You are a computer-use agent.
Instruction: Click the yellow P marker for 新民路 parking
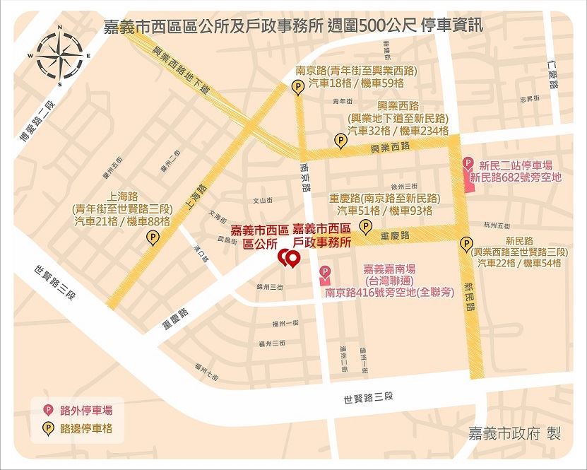tap(466, 245)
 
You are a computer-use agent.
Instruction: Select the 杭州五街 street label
tap(497, 225)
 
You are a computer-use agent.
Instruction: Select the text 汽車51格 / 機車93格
tap(384, 210)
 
